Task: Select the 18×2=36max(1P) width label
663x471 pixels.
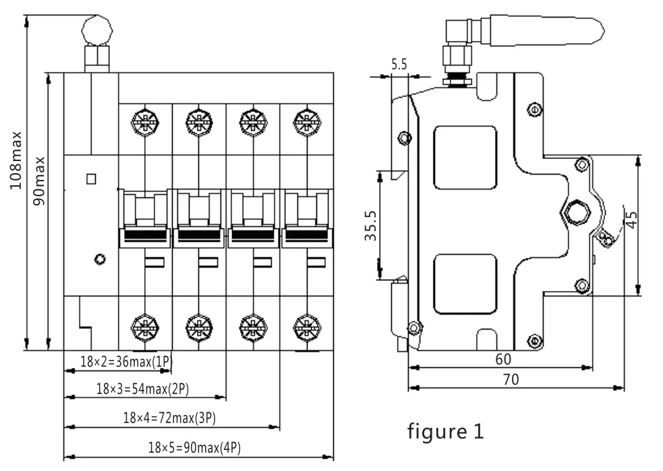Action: (126, 362)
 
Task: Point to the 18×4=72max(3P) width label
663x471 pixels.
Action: (169, 418)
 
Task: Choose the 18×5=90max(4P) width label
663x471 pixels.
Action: (194, 447)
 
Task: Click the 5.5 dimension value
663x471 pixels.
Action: (399, 65)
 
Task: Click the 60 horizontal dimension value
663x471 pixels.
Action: (503, 359)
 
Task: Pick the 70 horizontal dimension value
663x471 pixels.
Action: (511, 379)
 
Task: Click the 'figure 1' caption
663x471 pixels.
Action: (445, 431)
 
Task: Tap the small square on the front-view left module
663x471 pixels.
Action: (91, 179)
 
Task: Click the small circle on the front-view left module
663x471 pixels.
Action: (100, 259)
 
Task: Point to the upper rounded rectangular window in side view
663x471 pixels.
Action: (465, 158)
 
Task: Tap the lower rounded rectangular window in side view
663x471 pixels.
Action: (465, 284)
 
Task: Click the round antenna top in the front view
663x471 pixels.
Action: (96, 30)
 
